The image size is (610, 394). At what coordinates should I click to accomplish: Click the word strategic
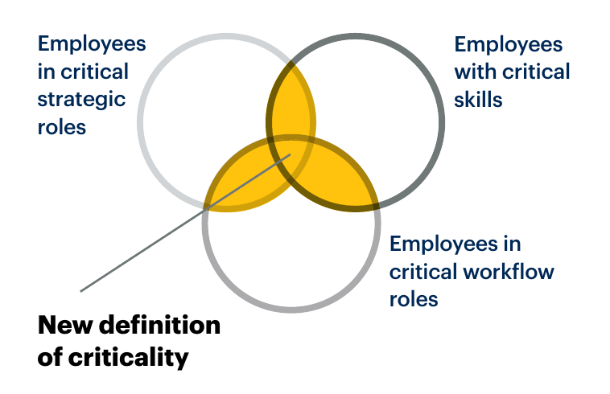click(x=82, y=99)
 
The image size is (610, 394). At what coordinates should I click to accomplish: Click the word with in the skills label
click(x=475, y=72)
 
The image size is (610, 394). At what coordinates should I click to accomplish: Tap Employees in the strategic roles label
click(x=92, y=43)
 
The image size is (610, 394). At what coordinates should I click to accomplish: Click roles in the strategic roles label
click(x=62, y=127)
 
